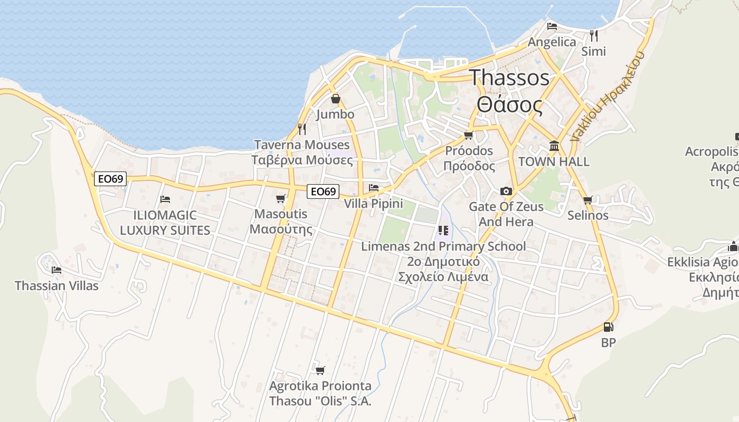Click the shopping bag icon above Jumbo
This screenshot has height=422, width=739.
click(336, 99)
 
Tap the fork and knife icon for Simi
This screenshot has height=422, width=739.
click(594, 35)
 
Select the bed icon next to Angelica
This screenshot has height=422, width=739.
click(552, 26)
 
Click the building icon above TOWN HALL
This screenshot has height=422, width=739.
click(554, 146)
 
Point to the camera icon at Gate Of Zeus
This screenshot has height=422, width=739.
click(506, 191)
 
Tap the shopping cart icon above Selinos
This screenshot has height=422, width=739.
click(588, 200)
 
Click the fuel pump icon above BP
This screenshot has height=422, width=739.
click(609, 327)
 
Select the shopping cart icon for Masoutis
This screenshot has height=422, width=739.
click(281, 198)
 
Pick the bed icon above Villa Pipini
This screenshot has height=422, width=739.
click(374, 188)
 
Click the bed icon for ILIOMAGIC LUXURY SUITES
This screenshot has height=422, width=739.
click(165, 199)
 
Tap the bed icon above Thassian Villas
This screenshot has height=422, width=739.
click(56, 270)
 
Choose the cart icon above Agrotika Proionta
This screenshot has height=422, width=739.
click(320, 370)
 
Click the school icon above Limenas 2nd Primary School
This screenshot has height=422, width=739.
click(443, 231)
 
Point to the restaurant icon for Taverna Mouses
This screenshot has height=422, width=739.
click(302, 129)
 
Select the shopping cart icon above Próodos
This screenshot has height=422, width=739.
click(468, 135)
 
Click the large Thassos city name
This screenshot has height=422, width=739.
click(509, 78)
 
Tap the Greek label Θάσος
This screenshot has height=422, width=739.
click(509, 104)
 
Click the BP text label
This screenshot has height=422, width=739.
click(609, 342)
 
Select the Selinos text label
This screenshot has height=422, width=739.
click(588, 215)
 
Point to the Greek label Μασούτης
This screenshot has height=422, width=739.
click(281, 229)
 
